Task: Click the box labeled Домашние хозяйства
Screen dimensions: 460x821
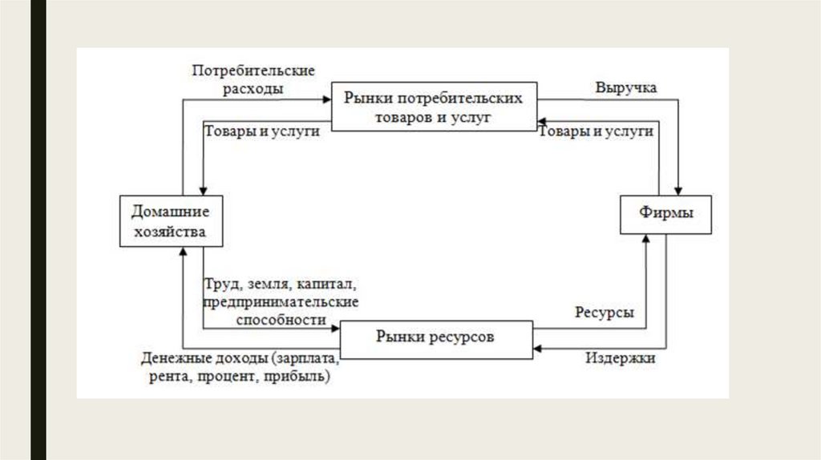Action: pos(170,221)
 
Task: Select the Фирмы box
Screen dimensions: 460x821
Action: pos(666,214)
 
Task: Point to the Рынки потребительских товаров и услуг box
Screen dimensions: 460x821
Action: pos(434,107)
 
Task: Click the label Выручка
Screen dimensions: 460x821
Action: pos(625,88)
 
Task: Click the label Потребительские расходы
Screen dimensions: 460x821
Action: pos(252,80)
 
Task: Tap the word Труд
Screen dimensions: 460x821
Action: pos(219,284)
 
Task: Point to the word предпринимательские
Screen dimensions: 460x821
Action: pos(281,301)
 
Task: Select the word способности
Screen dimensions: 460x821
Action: pos(281,318)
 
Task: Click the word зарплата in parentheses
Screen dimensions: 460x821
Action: pos(307,358)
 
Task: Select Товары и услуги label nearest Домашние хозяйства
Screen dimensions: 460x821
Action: pos(262,131)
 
